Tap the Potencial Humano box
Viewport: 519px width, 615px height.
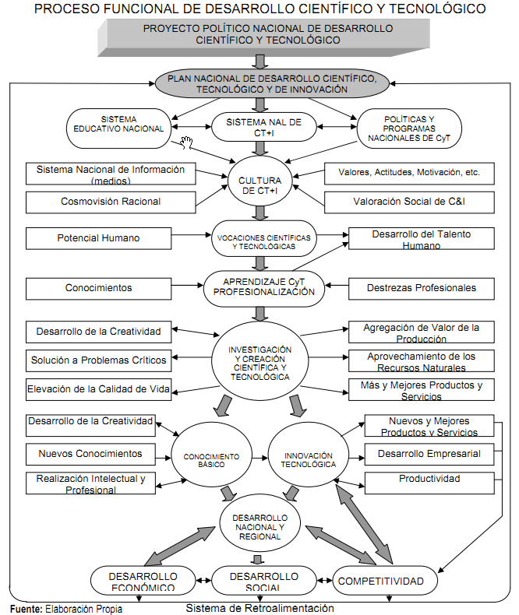click(98, 237)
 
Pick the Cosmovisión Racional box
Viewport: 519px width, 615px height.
click(98, 202)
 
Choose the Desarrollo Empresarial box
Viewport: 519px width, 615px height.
click(429, 453)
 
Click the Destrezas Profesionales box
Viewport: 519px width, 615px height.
click(422, 288)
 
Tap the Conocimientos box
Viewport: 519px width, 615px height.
click(98, 288)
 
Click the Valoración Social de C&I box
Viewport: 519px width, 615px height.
click(410, 202)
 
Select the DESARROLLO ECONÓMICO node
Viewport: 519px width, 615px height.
click(140, 580)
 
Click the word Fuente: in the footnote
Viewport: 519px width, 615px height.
click(26, 609)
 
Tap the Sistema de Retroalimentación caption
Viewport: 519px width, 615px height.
click(260, 608)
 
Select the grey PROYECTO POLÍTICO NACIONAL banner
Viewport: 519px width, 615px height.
click(267, 34)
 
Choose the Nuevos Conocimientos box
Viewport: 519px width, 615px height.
click(90, 453)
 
